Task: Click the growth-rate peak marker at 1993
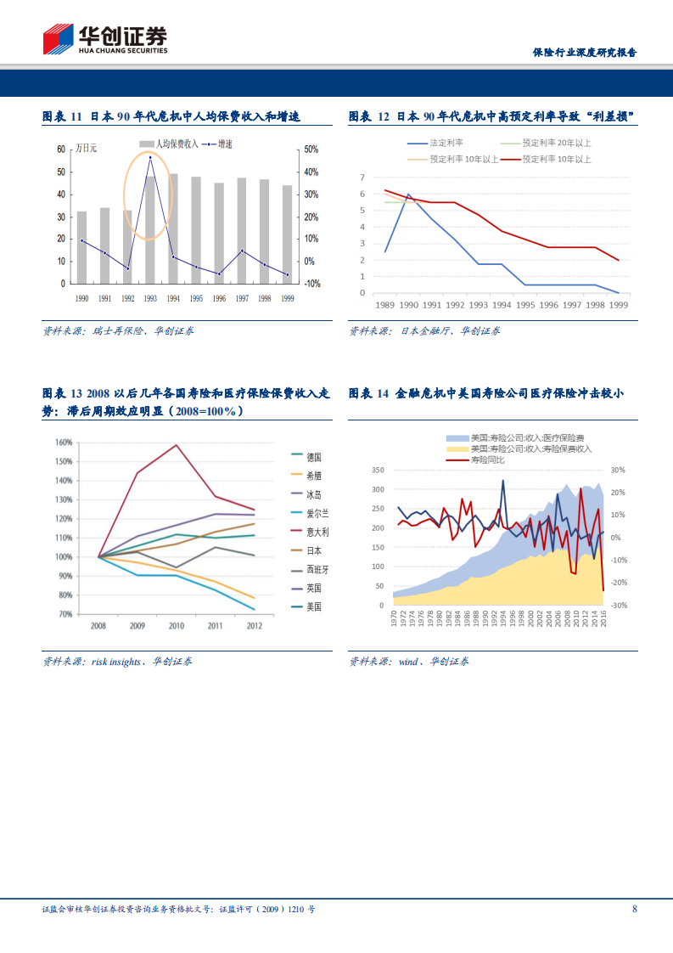coord(150,157)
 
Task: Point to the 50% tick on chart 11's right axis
coord(311,149)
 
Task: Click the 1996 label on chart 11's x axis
coord(219,298)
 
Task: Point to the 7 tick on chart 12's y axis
coord(362,178)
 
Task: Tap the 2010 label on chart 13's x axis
coord(176,625)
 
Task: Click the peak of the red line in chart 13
coord(177,445)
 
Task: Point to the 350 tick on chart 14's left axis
coord(378,470)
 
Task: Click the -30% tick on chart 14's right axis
coord(618,606)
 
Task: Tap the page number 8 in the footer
coord(635,909)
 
